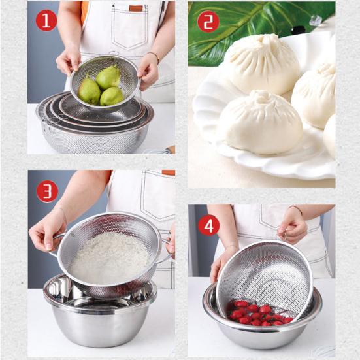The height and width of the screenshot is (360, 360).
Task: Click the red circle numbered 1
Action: (x=46, y=20)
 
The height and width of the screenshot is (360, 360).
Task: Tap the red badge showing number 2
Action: (x=208, y=22)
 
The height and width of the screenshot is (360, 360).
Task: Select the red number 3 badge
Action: (x=47, y=191)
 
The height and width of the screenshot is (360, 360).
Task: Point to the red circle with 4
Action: (x=209, y=225)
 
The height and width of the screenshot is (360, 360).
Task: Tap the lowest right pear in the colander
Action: (x=112, y=96)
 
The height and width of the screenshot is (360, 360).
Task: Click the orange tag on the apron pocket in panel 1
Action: (x=136, y=8)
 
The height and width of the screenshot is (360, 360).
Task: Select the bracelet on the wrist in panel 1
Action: (x=154, y=56)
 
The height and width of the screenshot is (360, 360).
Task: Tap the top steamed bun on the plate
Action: (x=263, y=63)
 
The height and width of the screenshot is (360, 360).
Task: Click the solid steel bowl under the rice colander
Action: (x=101, y=314)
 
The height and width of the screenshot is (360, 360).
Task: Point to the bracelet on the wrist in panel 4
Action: (x=296, y=208)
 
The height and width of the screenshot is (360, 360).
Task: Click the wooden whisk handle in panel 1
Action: (x=171, y=150)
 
